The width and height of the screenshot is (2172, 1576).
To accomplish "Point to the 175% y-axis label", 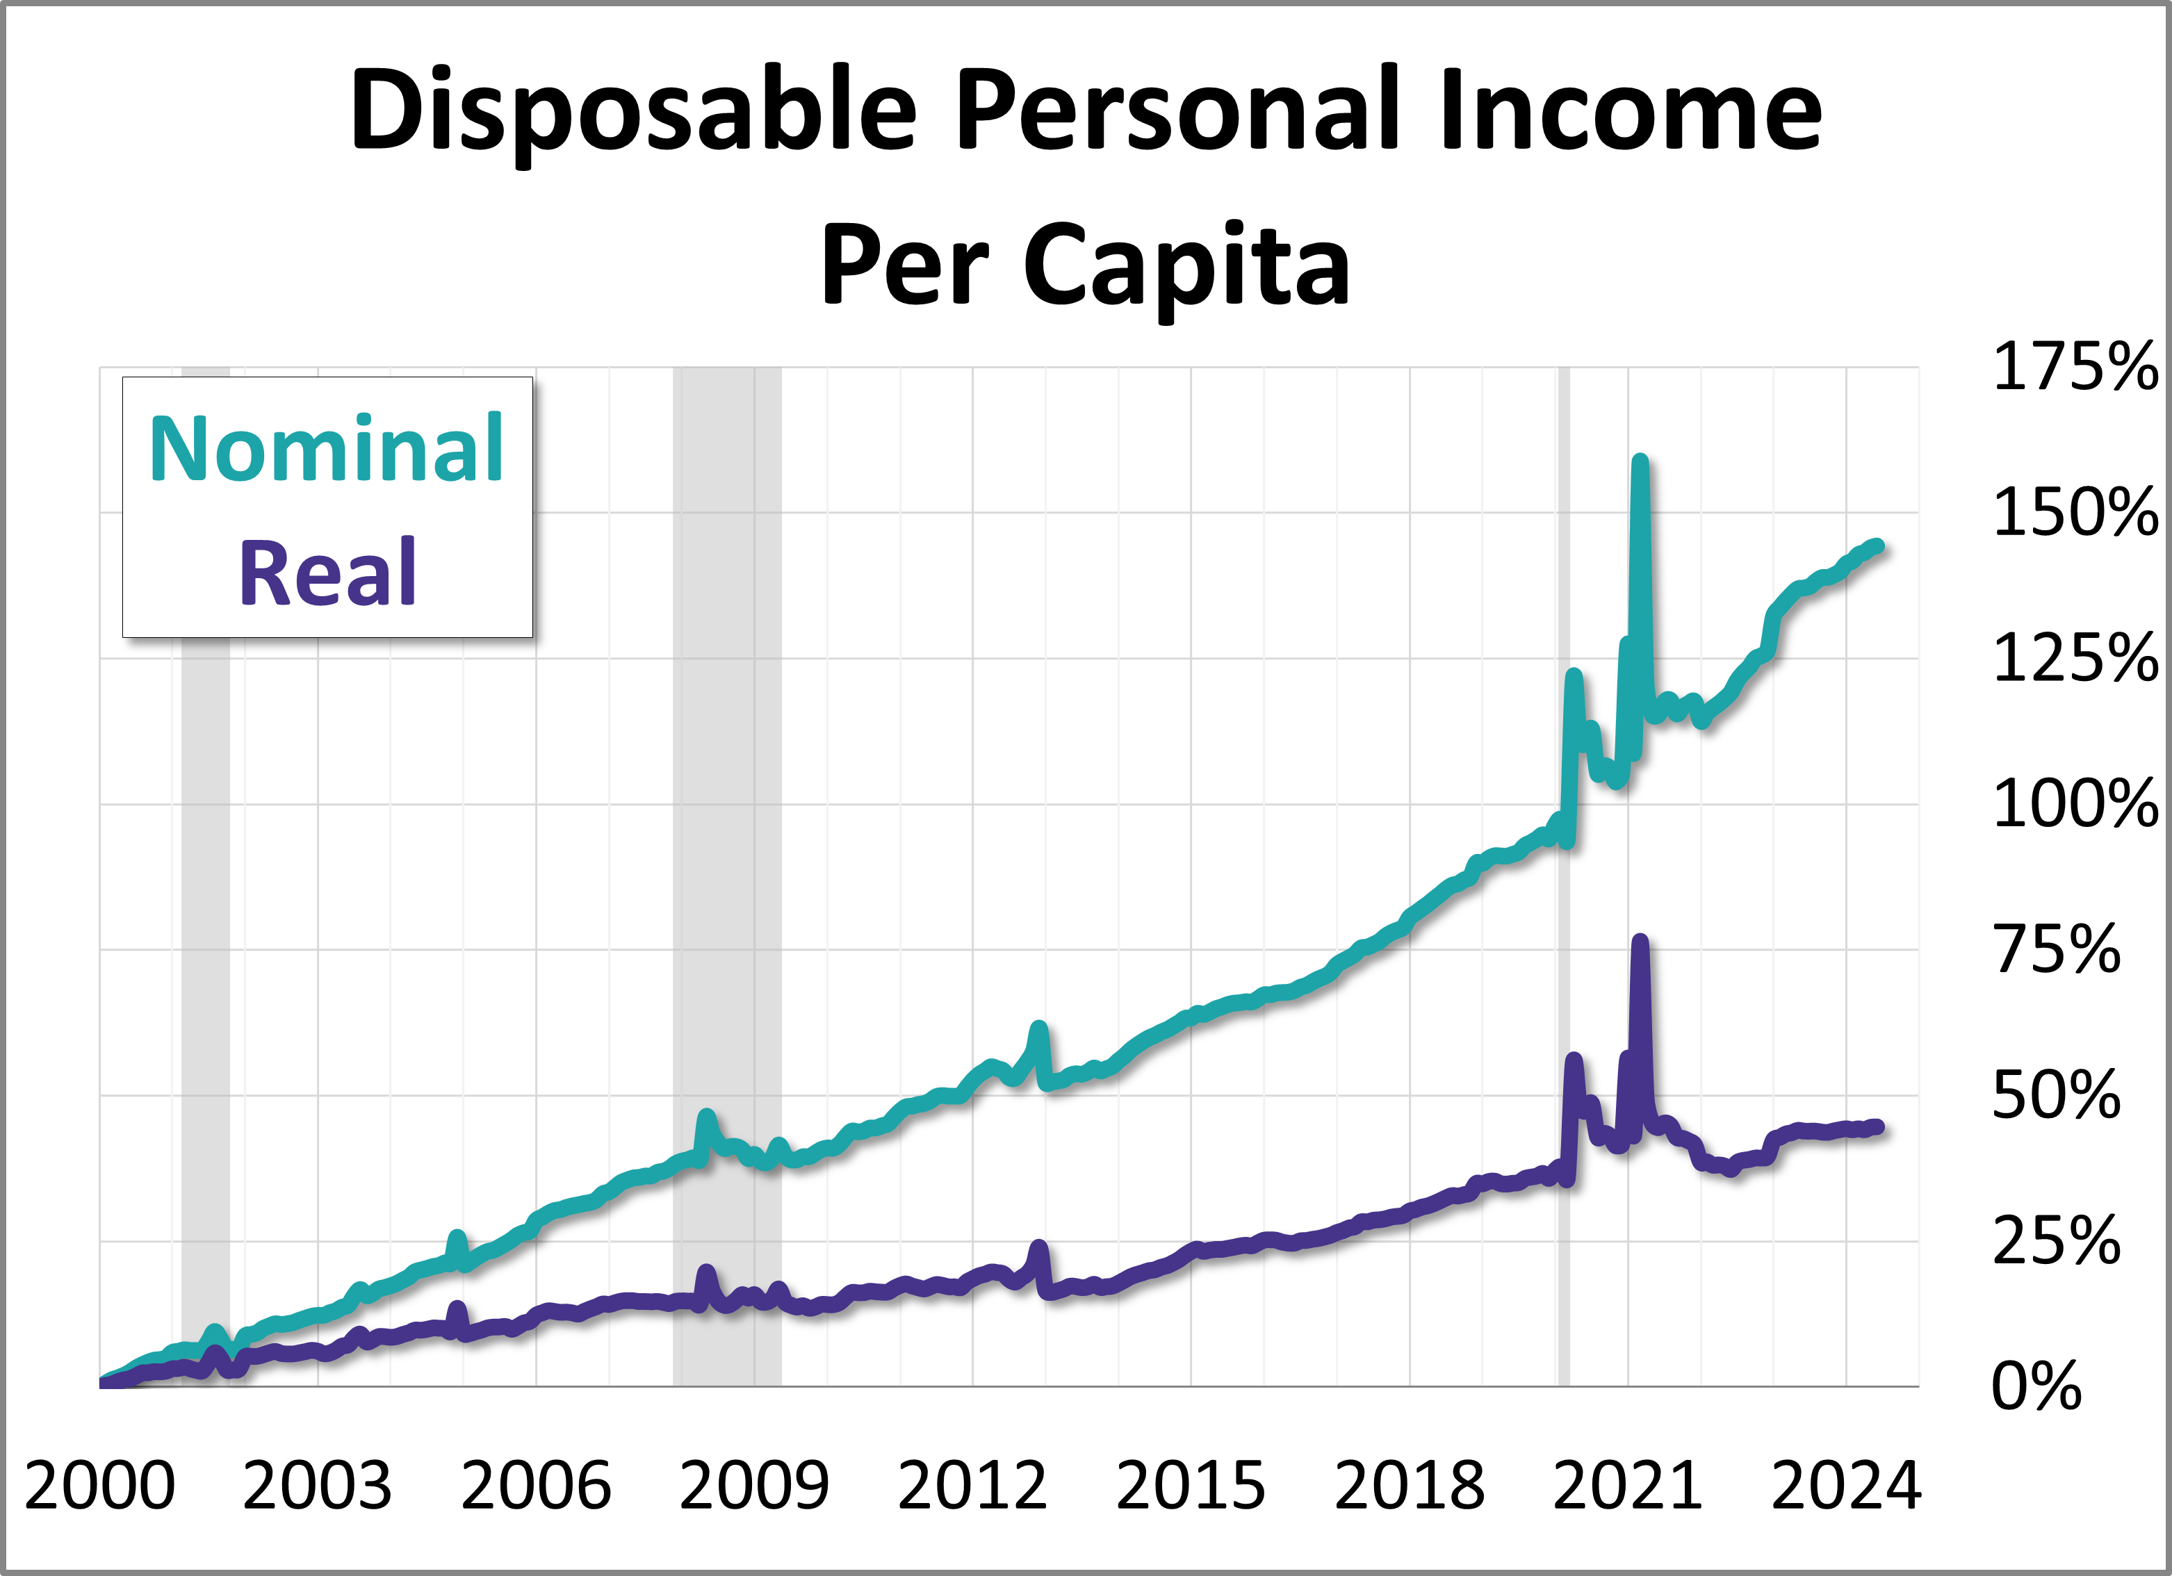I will (2074, 367).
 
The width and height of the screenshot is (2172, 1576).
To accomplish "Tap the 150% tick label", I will (2074, 514).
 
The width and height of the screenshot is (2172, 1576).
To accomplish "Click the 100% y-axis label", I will (2074, 804).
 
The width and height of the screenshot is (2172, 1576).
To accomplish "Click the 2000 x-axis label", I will (99, 1486).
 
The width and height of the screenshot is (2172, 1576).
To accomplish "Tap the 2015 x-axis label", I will (1191, 1486).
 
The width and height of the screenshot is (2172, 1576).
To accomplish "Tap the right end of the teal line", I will (1878, 545).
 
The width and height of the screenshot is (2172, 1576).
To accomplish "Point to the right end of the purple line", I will (1878, 1128).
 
